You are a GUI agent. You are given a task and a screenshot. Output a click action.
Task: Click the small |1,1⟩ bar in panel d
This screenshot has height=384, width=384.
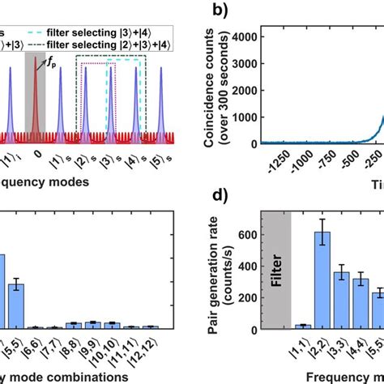pyautogui.click(x=302, y=326)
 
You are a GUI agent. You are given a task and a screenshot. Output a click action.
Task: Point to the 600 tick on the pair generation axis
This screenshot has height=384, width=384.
pyautogui.click(x=251, y=235)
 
